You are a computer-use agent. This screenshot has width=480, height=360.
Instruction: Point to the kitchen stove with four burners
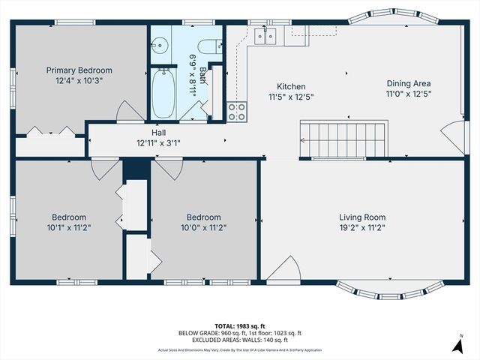pos(237,112)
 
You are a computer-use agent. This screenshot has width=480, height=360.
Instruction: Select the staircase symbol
pos(342,139)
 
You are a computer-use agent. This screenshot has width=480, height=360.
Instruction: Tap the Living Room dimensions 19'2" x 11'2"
pos(367,227)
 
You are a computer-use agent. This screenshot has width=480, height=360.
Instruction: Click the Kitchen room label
pos(290,86)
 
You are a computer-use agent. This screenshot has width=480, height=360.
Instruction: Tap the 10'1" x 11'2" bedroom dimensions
pos(68,227)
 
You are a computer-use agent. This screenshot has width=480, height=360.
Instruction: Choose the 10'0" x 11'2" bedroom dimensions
pos(203,227)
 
